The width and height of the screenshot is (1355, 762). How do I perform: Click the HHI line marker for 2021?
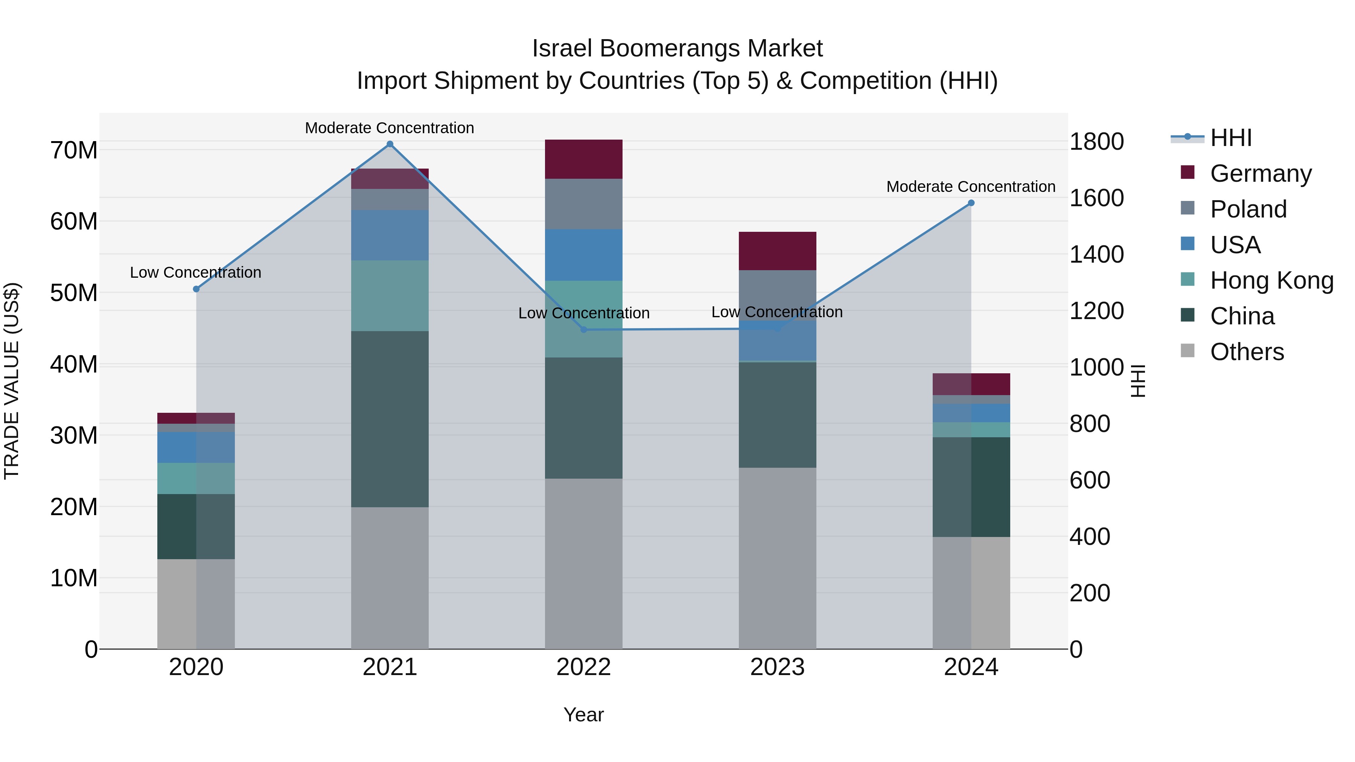(390, 144)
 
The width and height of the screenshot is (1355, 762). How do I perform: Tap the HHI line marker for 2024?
(971, 203)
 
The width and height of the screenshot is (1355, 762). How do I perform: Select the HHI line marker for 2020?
(196, 289)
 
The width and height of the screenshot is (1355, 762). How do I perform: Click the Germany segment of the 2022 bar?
(583, 159)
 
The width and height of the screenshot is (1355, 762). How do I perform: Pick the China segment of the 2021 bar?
(390, 419)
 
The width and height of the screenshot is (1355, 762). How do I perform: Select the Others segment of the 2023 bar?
(778, 558)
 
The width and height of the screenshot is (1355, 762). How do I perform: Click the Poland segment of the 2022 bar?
(583, 204)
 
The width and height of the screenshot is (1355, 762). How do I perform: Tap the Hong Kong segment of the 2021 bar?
(390, 295)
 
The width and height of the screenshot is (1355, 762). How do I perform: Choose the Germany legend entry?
(1260, 173)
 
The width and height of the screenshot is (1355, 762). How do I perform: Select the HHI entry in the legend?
(1230, 138)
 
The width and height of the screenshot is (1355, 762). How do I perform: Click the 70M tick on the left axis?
(74, 151)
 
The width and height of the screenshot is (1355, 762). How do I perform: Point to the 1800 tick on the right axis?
(1097, 141)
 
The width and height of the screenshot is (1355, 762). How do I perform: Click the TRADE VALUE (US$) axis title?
(12, 381)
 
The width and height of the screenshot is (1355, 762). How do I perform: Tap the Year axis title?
(583, 715)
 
